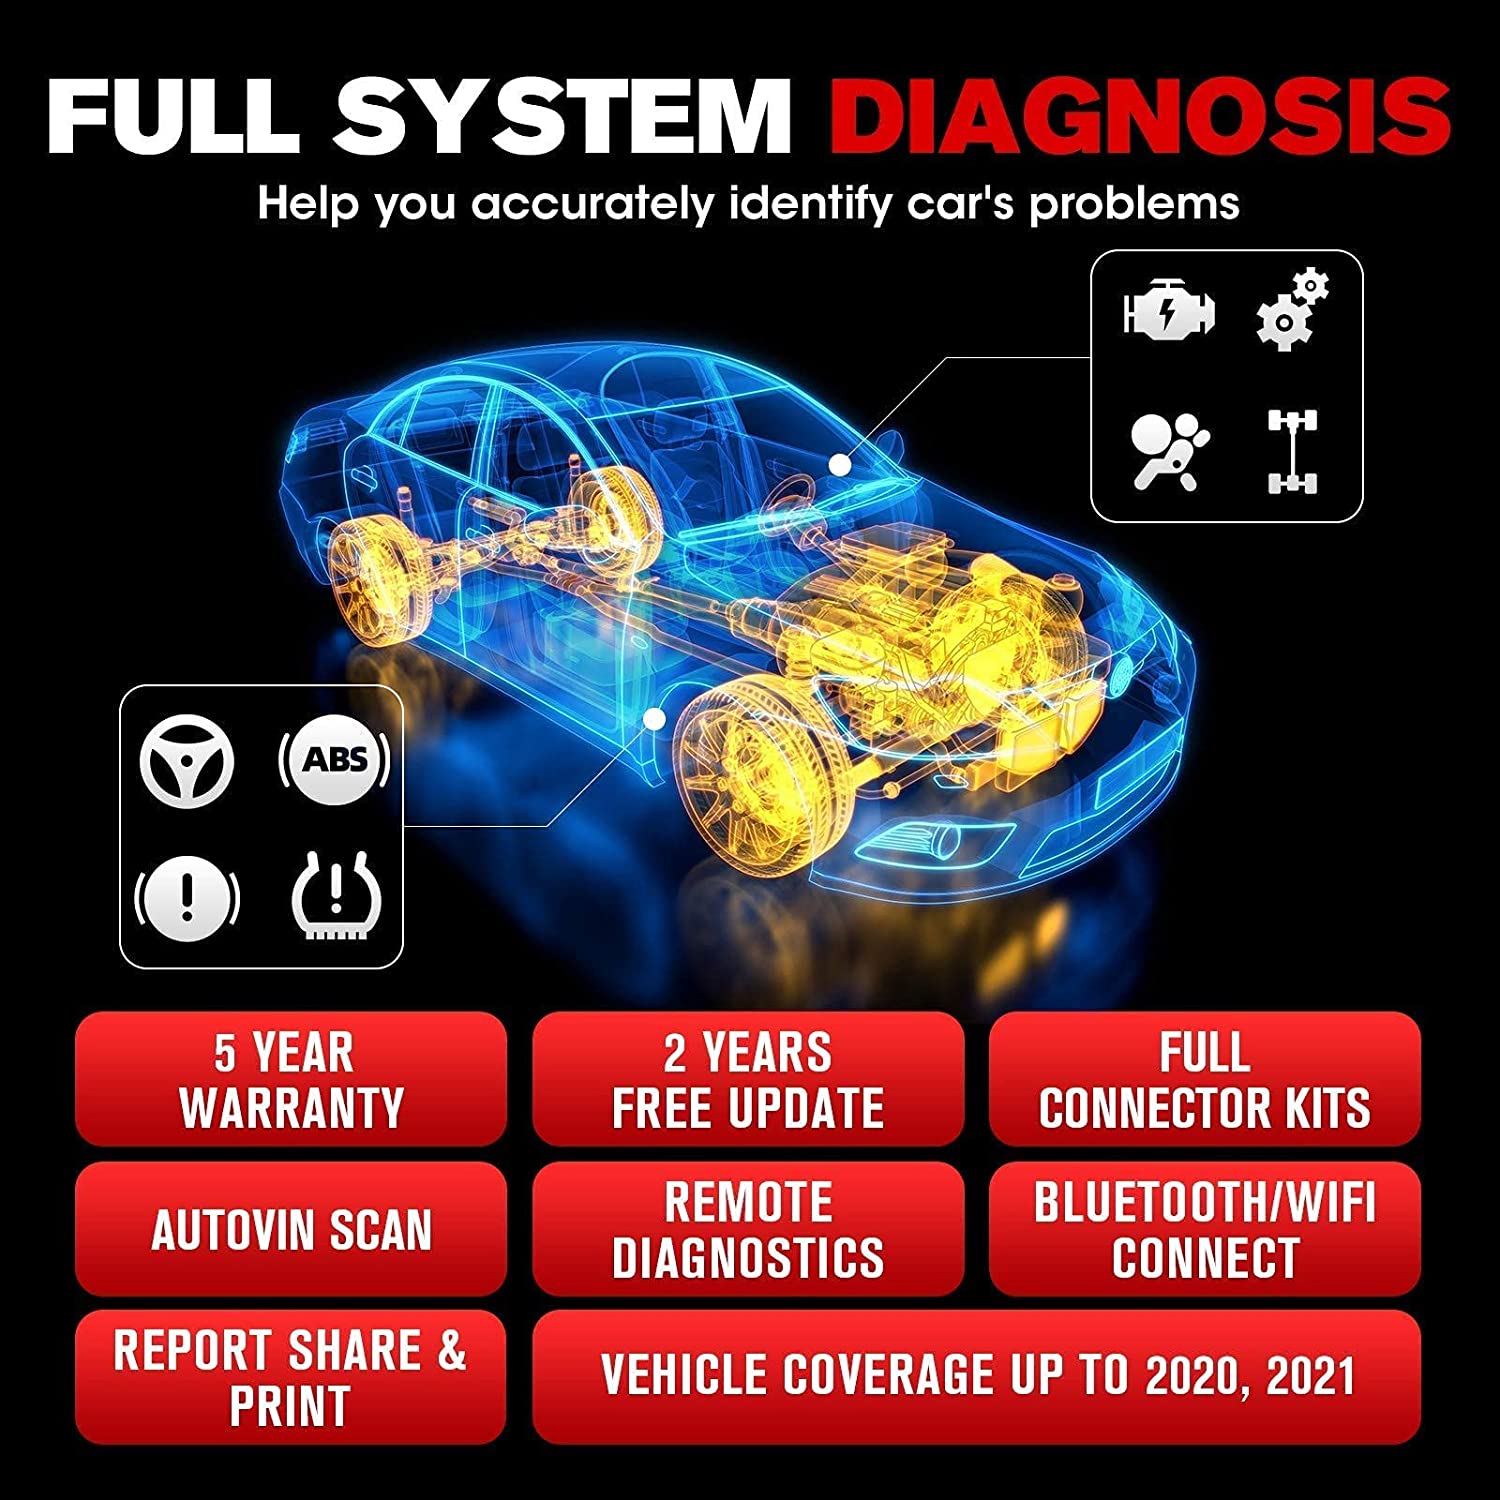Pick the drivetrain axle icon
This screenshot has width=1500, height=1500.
pos(1292,452)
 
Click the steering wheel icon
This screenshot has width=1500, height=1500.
pos(187,762)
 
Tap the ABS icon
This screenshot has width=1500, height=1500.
pos(334,760)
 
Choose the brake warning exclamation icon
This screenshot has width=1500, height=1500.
pos(187,893)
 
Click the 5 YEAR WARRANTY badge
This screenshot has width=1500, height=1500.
pos(291,1079)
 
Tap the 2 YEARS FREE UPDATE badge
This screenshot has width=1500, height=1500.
pos(748,1079)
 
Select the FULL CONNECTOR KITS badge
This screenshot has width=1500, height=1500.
pos(1205,1079)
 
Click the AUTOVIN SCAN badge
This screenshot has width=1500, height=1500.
pos(291,1229)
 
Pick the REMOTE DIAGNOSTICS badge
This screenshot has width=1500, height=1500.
pos(748,1229)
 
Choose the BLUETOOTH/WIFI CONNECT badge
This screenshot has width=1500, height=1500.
pos(1205,1229)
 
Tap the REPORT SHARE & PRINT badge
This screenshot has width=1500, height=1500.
pos(291,1377)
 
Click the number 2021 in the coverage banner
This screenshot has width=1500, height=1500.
pos(1310,1376)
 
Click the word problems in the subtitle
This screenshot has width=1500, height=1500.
pos(1135,205)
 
